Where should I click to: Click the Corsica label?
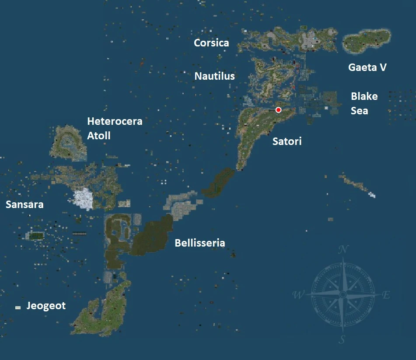pos(211,43)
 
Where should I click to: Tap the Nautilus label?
pos(214,76)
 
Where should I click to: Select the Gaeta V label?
pos(367,67)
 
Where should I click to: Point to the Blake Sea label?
pos(364,103)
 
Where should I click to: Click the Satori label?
pos(287,141)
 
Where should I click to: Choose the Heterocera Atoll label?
pos(115,128)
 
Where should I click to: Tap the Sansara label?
pos(24,205)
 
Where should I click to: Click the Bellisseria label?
pos(200,243)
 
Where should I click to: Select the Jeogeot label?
pos(46,306)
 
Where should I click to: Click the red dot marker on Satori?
pos(278,109)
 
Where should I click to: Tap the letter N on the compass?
pos(344,250)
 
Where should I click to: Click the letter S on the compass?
pos(343,339)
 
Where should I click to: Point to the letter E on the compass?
pos(386,295)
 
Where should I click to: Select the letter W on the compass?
pos(299,295)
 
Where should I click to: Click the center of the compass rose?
pos(343,295)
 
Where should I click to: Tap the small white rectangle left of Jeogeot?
pos(18,308)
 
